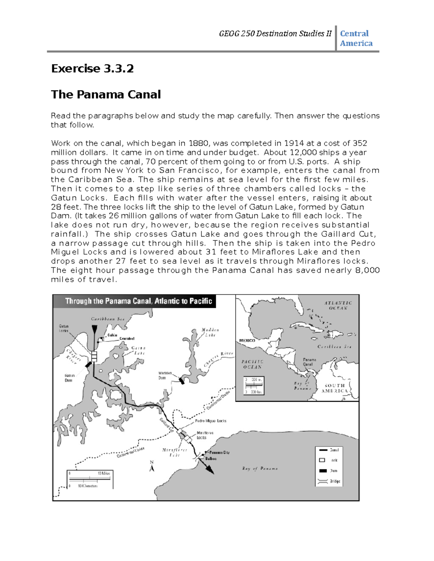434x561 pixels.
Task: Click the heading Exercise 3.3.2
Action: click(x=92, y=68)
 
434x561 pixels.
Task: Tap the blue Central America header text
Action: click(x=356, y=38)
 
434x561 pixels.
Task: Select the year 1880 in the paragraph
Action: click(x=199, y=143)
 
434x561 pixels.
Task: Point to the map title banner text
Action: click(x=138, y=301)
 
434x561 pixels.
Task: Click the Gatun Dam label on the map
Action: click(x=69, y=378)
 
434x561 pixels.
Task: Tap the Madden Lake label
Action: click(x=210, y=332)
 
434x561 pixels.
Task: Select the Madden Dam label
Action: click(x=165, y=375)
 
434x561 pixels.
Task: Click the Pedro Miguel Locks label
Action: click(x=210, y=421)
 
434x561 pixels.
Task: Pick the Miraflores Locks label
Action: click(x=205, y=435)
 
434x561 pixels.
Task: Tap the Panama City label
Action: click(x=219, y=452)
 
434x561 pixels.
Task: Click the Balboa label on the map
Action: click(x=211, y=458)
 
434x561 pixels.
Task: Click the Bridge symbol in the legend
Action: click(x=322, y=481)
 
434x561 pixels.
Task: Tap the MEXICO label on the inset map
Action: click(x=247, y=340)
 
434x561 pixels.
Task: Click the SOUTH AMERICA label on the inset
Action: click(x=335, y=388)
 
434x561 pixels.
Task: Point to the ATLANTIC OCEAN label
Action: click(x=338, y=306)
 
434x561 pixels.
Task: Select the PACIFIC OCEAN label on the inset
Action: click(x=252, y=364)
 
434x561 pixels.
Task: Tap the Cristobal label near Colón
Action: click(x=127, y=338)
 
